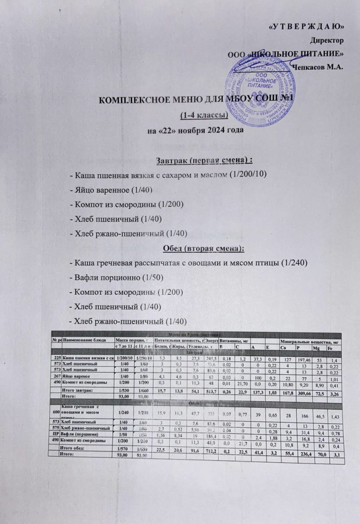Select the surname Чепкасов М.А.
(x=318, y=65)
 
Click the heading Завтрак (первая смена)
(x=198, y=157)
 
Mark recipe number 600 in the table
(x=55, y=412)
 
